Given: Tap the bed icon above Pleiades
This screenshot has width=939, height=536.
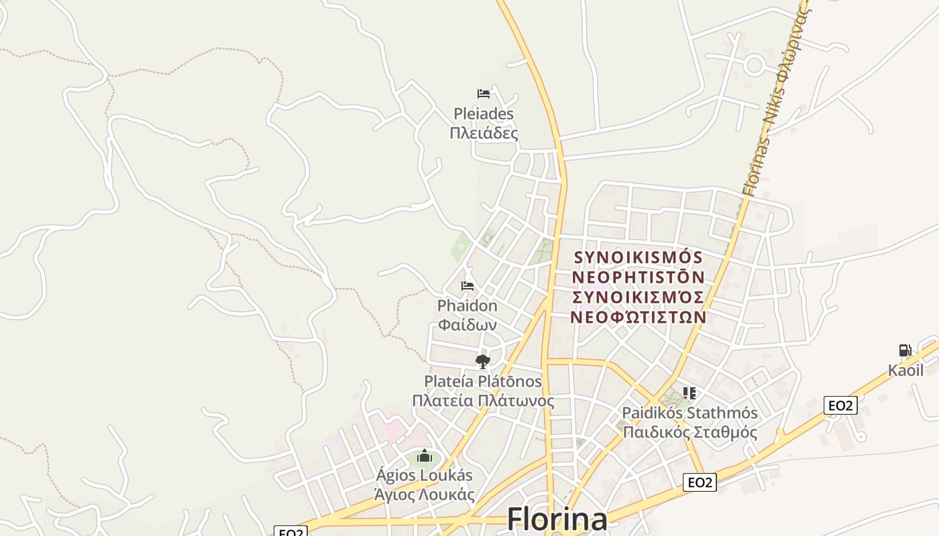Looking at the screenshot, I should (x=484, y=94).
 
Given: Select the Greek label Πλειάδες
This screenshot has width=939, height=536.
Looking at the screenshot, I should (x=484, y=133).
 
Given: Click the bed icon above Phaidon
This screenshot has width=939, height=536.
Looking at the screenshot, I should (x=467, y=286).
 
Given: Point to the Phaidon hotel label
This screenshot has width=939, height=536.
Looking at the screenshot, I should (x=467, y=306).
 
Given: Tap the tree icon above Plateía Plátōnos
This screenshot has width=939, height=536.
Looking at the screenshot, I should (x=482, y=362).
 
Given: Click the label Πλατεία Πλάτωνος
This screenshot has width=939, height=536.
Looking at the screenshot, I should (x=483, y=401).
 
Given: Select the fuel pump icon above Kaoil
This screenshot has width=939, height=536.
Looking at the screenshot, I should (x=905, y=350).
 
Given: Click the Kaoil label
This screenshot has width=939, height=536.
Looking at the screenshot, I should (x=905, y=371).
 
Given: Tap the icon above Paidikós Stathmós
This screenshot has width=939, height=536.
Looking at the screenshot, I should (x=689, y=393).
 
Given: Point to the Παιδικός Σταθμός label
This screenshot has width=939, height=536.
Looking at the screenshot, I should (x=690, y=432).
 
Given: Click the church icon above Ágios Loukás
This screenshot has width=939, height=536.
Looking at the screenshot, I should (x=424, y=456).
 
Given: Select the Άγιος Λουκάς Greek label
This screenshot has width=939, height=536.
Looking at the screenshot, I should (x=425, y=495).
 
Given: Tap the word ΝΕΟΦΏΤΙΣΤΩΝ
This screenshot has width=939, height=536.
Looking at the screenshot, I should (x=638, y=316).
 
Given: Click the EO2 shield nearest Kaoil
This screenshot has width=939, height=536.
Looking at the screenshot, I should (x=841, y=405).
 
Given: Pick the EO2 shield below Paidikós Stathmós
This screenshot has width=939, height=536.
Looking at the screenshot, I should (x=700, y=482).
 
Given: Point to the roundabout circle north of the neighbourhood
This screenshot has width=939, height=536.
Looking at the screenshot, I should (x=755, y=66).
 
